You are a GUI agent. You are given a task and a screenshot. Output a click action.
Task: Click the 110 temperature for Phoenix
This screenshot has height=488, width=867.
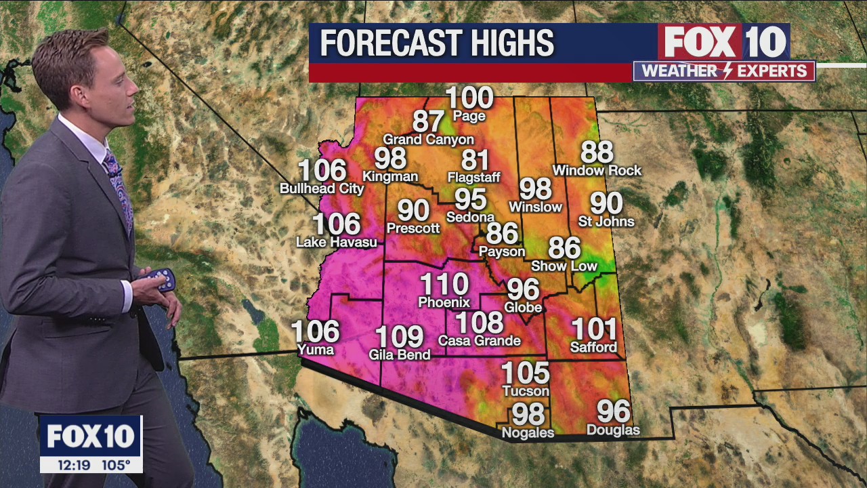click(444, 285)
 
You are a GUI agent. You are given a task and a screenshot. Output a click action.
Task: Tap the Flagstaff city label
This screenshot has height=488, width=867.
click(474, 178)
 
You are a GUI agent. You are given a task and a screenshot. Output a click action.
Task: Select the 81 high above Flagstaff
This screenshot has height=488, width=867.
click(475, 161)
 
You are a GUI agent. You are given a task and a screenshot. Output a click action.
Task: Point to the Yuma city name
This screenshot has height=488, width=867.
click(316, 350)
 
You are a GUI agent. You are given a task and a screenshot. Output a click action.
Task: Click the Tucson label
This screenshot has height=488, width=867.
click(526, 391)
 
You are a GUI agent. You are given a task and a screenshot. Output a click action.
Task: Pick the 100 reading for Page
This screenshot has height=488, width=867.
click(469, 99)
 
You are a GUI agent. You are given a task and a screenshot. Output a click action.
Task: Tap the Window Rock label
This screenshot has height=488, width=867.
click(597, 170)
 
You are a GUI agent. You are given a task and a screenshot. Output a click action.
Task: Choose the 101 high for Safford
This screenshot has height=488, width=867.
click(594, 330)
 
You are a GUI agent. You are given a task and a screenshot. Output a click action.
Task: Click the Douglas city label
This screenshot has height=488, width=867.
click(613, 430)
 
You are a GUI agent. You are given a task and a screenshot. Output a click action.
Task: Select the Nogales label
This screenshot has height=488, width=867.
click(528, 432)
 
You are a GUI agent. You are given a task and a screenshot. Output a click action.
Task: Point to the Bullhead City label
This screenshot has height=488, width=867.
click(322, 188)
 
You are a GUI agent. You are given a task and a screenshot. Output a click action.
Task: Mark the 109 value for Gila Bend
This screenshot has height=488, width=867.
click(399, 337)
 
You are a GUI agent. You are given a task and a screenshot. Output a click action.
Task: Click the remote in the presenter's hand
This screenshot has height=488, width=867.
click(160, 279)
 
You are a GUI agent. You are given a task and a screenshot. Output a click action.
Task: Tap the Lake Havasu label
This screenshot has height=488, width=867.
click(337, 242)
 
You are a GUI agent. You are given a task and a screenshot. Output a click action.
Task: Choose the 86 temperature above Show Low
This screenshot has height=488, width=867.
click(564, 249)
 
